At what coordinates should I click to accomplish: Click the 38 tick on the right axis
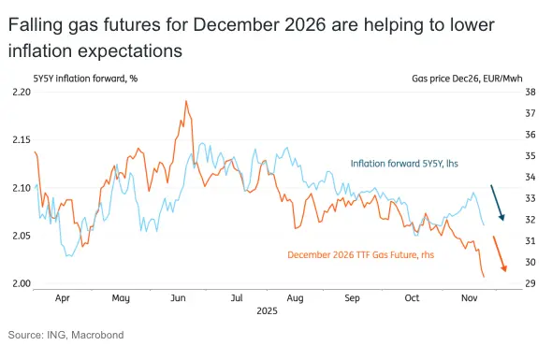(x=530, y=93)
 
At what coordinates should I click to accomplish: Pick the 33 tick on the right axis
(x=530, y=198)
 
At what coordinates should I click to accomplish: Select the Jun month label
(x=178, y=299)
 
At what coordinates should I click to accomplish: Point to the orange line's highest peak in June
(x=186, y=101)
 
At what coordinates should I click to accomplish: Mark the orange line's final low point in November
(x=484, y=277)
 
